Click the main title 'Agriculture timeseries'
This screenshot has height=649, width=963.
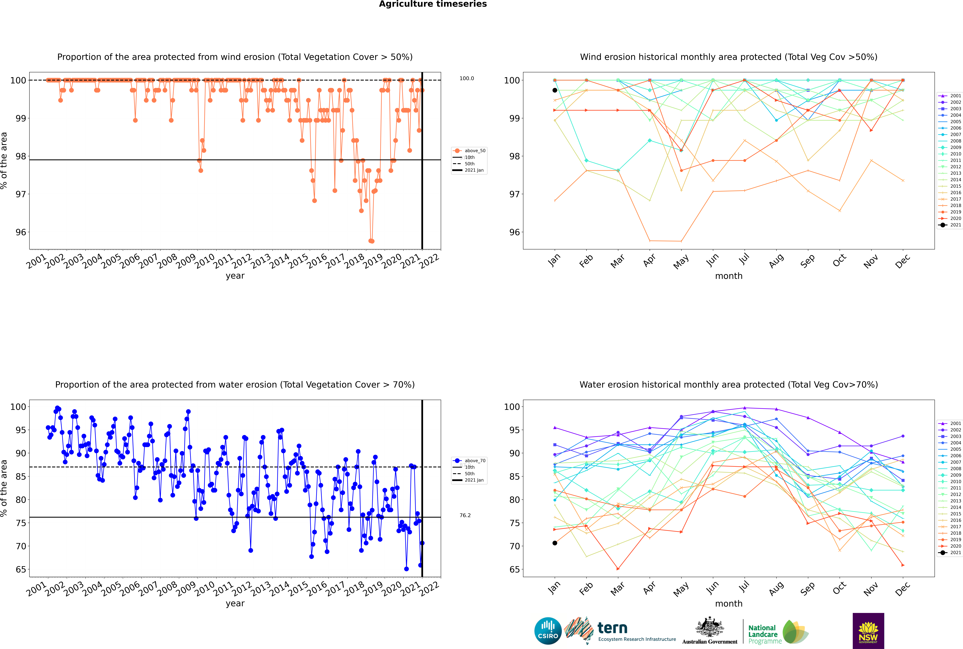(x=433, y=4)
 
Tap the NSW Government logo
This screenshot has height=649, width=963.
(x=868, y=630)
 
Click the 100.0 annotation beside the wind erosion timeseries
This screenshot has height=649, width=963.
(x=467, y=78)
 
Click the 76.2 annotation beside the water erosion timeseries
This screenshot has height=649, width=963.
(x=465, y=515)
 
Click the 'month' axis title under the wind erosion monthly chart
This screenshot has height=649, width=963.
(x=729, y=276)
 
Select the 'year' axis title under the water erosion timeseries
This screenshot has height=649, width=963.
(x=235, y=603)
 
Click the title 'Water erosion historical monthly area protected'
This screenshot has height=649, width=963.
(x=729, y=384)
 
